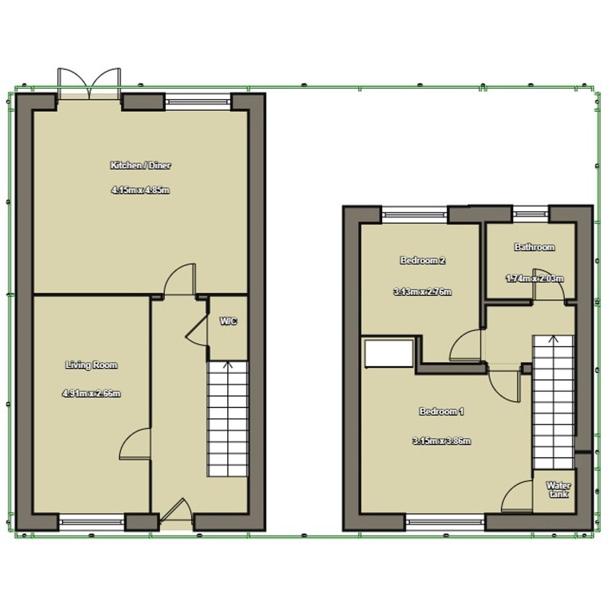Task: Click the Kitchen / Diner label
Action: tap(140, 165)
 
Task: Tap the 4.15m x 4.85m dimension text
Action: tap(140, 190)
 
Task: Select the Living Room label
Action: tap(91, 365)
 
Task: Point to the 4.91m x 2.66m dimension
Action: tap(91, 394)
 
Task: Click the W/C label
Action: tap(228, 321)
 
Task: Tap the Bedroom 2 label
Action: tap(422, 260)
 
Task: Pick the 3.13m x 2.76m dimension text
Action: tap(422, 291)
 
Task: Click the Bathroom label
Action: tap(534, 247)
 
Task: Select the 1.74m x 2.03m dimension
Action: tap(534, 279)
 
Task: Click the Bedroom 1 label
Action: tap(441, 411)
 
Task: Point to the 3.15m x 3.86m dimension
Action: tap(441, 441)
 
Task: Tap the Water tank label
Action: tap(558, 490)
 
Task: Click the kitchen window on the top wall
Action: tap(198, 102)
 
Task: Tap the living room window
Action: tap(91, 522)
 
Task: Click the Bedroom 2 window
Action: tap(415, 214)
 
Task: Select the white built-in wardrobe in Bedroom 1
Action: tap(389, 353)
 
